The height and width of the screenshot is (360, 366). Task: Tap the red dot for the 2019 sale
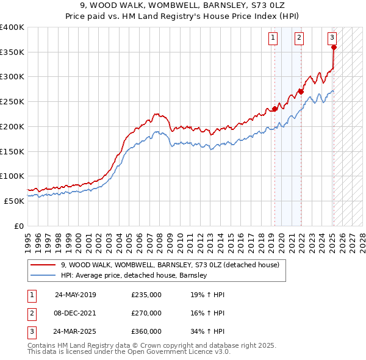[x=274, y=109]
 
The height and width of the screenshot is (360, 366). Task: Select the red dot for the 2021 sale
[x=301, y=92]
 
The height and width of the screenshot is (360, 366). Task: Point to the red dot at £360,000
[x=334, y=48]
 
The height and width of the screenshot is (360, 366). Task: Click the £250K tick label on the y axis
[x=12, y=101]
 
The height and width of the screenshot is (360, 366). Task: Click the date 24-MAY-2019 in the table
[x=75, y=295]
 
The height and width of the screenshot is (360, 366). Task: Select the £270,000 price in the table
[x=146, y=313]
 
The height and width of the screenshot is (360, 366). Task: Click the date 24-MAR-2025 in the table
[x=75, y=332]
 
